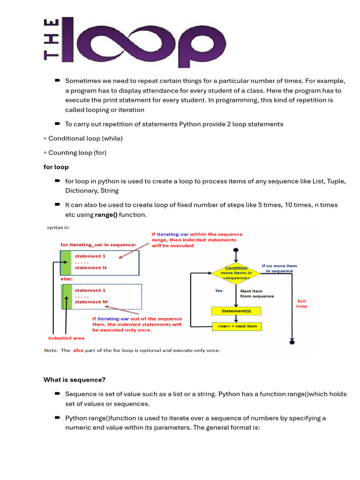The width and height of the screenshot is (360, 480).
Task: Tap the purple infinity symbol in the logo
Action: coord(141,41)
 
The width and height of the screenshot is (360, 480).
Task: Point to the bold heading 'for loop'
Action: coord(56,166)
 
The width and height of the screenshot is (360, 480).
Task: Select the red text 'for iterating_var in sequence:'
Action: coord(98,245)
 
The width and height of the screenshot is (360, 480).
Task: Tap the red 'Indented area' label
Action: coord(67,338)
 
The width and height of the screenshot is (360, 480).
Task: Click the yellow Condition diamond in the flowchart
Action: coord(236,272)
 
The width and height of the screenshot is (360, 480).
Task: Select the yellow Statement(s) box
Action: coord(235,311)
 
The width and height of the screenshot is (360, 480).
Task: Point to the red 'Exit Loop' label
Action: coord(301,303)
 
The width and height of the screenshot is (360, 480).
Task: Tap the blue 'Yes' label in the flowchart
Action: coord(219,291)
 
